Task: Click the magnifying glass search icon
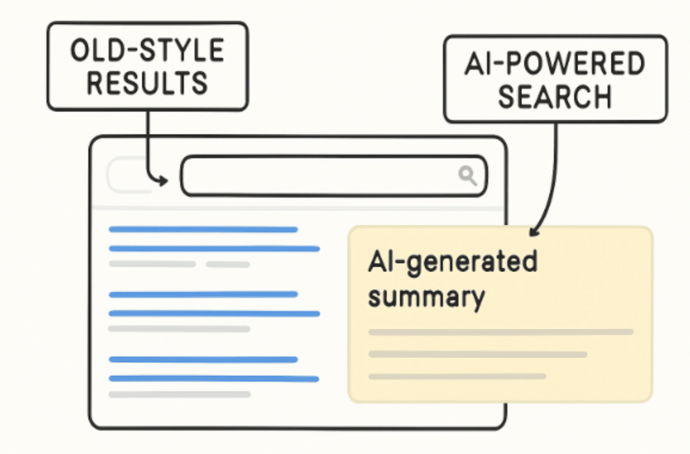coord(467,175)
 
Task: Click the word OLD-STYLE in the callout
coord(147,51)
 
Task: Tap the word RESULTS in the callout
coord(147,82)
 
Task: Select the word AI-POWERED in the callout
coord(555,65)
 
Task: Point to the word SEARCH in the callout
coord(555,96)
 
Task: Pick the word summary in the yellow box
coord(426,296)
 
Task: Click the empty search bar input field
coord(316,176)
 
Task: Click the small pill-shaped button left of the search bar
coord(128,175)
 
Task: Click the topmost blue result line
coord(203,229)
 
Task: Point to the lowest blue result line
coord(214,379)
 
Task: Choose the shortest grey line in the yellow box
coord(457,376)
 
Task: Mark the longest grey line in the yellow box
coord(501,332)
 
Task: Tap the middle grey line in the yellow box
coord(478,354)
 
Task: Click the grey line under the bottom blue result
coord(179,394)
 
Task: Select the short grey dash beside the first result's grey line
coord(227,264)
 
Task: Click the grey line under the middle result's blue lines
coord(179,329)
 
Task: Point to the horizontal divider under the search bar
coord(298,208)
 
